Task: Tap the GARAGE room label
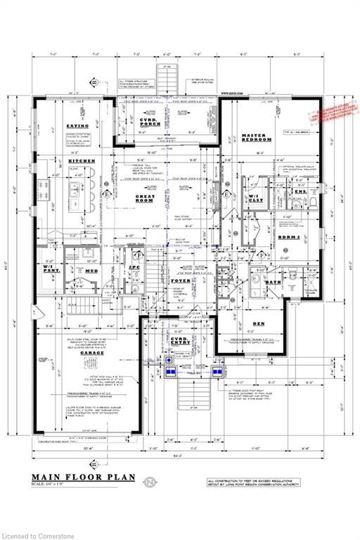pyautogui.click(x=91, y=352)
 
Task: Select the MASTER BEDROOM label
pyautogui.click(x=256, y=138)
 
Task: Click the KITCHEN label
pyautogui.click(x=82, y=161)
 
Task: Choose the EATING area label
pyautogui.click(x=77, y=126)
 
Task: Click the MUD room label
pyautogui.click(x=91, y=270)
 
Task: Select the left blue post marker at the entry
pyautogui.click(x=170, y=366)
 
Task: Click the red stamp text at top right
pyautogui.click(x=333, y=112)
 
